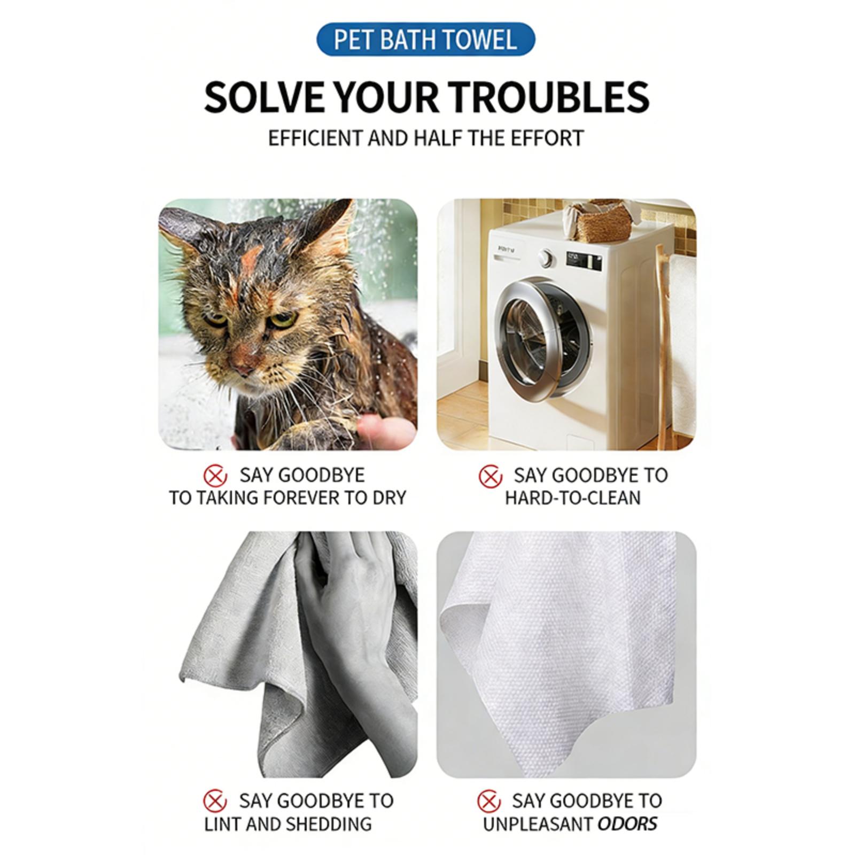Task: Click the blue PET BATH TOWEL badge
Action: point(426,40)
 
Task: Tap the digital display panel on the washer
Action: point(583,262)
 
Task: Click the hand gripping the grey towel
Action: point(347,604)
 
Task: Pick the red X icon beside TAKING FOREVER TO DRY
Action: point(215,475)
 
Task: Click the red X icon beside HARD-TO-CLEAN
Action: point(490,476)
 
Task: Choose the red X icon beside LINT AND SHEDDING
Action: point(215,801)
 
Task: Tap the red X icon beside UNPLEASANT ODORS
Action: point(489,801)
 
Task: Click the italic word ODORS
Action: point(627,823)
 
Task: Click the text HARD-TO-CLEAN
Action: point(572,498)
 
